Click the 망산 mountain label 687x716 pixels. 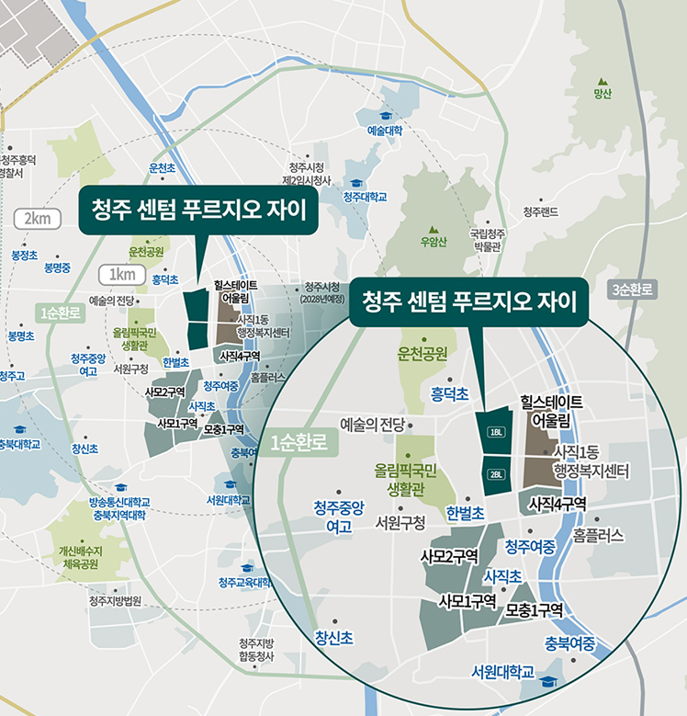tap(603, 94)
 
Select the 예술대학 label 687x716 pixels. tap(385, 131)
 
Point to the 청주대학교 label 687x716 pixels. tap(365, 197)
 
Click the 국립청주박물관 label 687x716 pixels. tap(485, 240)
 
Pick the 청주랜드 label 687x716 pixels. tap(541, 212)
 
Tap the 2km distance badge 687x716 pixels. tap(37, 218)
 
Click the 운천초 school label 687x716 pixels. tap(162, 168)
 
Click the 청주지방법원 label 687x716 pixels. tap(115, 600)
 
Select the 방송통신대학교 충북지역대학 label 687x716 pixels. tap(119, 508)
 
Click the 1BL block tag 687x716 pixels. tap(496, 432)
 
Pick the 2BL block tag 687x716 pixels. tap(496, 474)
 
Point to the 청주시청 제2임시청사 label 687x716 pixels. tap(307, 174)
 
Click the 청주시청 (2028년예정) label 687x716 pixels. tap(322, 292)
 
